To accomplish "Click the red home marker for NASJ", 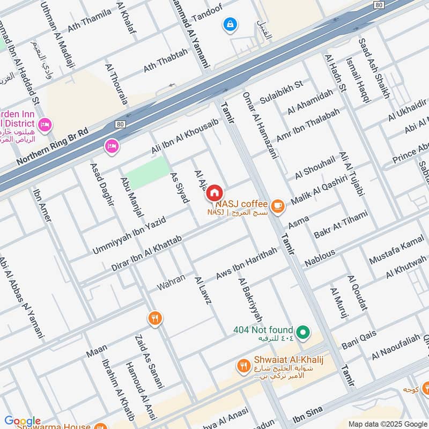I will tap(214, 193).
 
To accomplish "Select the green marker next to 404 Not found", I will tap(304, 333).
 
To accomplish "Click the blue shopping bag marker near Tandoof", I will tap(230, 24).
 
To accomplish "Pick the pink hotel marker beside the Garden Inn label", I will tap(46, 124).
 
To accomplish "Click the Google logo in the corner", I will tap(22, 421).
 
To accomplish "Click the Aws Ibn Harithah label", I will tap(246, 263).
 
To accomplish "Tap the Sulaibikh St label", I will tap(281, 92).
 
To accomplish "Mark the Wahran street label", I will tap(171, 283).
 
